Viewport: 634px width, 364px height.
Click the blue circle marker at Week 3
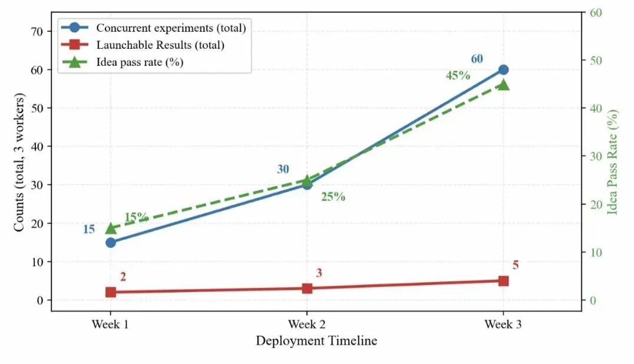(x=503, y=70)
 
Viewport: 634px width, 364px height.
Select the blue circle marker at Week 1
(x=111, y=243)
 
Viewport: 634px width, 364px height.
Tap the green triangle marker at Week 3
(x=503, y=84)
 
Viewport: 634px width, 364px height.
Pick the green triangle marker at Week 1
(x=111, y=229)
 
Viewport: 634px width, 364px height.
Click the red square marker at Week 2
(x=307, y=289)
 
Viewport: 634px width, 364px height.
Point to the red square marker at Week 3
(x=503, y=281)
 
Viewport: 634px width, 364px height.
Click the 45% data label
(x=458, y=75)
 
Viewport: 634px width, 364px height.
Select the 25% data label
(x=333, y=197)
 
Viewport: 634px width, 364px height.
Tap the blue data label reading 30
(x=283, y=169)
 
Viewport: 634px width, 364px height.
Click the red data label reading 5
(x=516, y=265)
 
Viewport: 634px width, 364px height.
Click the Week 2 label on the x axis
(x=306, y=324)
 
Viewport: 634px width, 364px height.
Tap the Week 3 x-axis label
(x=503, y=324)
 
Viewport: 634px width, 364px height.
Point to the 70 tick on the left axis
(x=37, y=32)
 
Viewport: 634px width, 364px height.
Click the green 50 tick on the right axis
(x=596, y=61)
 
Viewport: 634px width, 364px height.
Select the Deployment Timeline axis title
(x=316, y=340)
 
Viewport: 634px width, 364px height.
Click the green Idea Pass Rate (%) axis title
(x=612, y=161)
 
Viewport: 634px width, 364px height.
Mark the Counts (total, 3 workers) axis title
(x=19, y=162)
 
